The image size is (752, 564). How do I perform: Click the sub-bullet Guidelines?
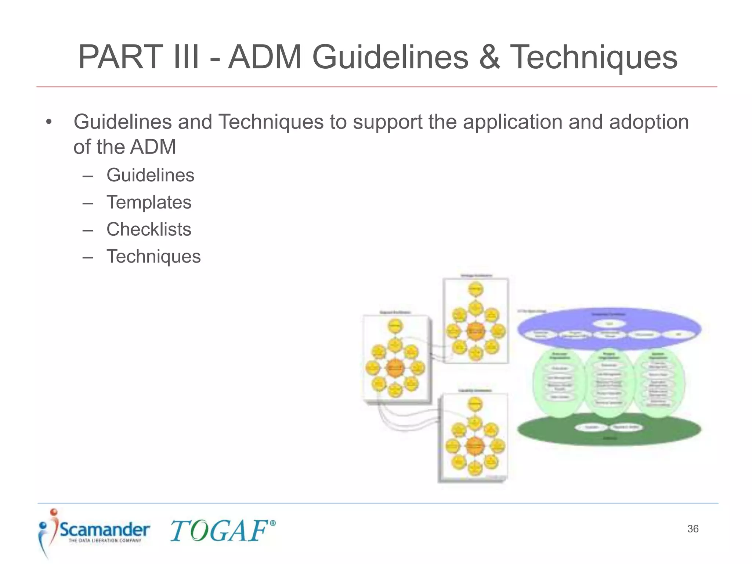[150, 175]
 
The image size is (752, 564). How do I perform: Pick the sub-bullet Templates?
[149, 202]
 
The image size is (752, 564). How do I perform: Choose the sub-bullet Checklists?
[149, 229]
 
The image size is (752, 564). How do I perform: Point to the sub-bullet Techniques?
[153, 256]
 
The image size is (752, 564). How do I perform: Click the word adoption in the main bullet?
[649, 122]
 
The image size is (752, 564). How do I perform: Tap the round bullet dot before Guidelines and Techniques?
[49, 122]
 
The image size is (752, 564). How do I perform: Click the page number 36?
[693, 529]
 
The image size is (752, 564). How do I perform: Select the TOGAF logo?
[219, 531]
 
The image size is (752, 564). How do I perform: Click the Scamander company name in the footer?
[105, 529]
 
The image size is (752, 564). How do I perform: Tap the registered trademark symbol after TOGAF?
[272, 523]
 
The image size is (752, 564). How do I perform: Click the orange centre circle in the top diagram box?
[476, 331]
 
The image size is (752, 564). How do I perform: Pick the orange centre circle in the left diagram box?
[395, 368]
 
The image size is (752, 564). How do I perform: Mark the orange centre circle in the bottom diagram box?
[475, 446]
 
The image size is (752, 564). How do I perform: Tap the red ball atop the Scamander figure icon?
[54, 512]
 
